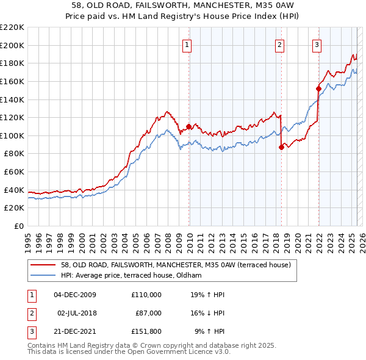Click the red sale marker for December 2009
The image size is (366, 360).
[188, 127]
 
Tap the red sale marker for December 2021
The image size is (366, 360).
[318, 88]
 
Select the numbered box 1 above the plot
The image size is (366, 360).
[186, 44]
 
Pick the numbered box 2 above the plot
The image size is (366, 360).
[279, 44]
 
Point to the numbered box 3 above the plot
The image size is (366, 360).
[317, 44]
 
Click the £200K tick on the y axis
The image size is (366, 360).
[12, 45]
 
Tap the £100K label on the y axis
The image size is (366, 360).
[12, 135]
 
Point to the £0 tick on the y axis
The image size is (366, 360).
[18, 226]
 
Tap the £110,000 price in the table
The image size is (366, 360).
[146, 295]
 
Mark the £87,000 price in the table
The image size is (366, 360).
[148, 313]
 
